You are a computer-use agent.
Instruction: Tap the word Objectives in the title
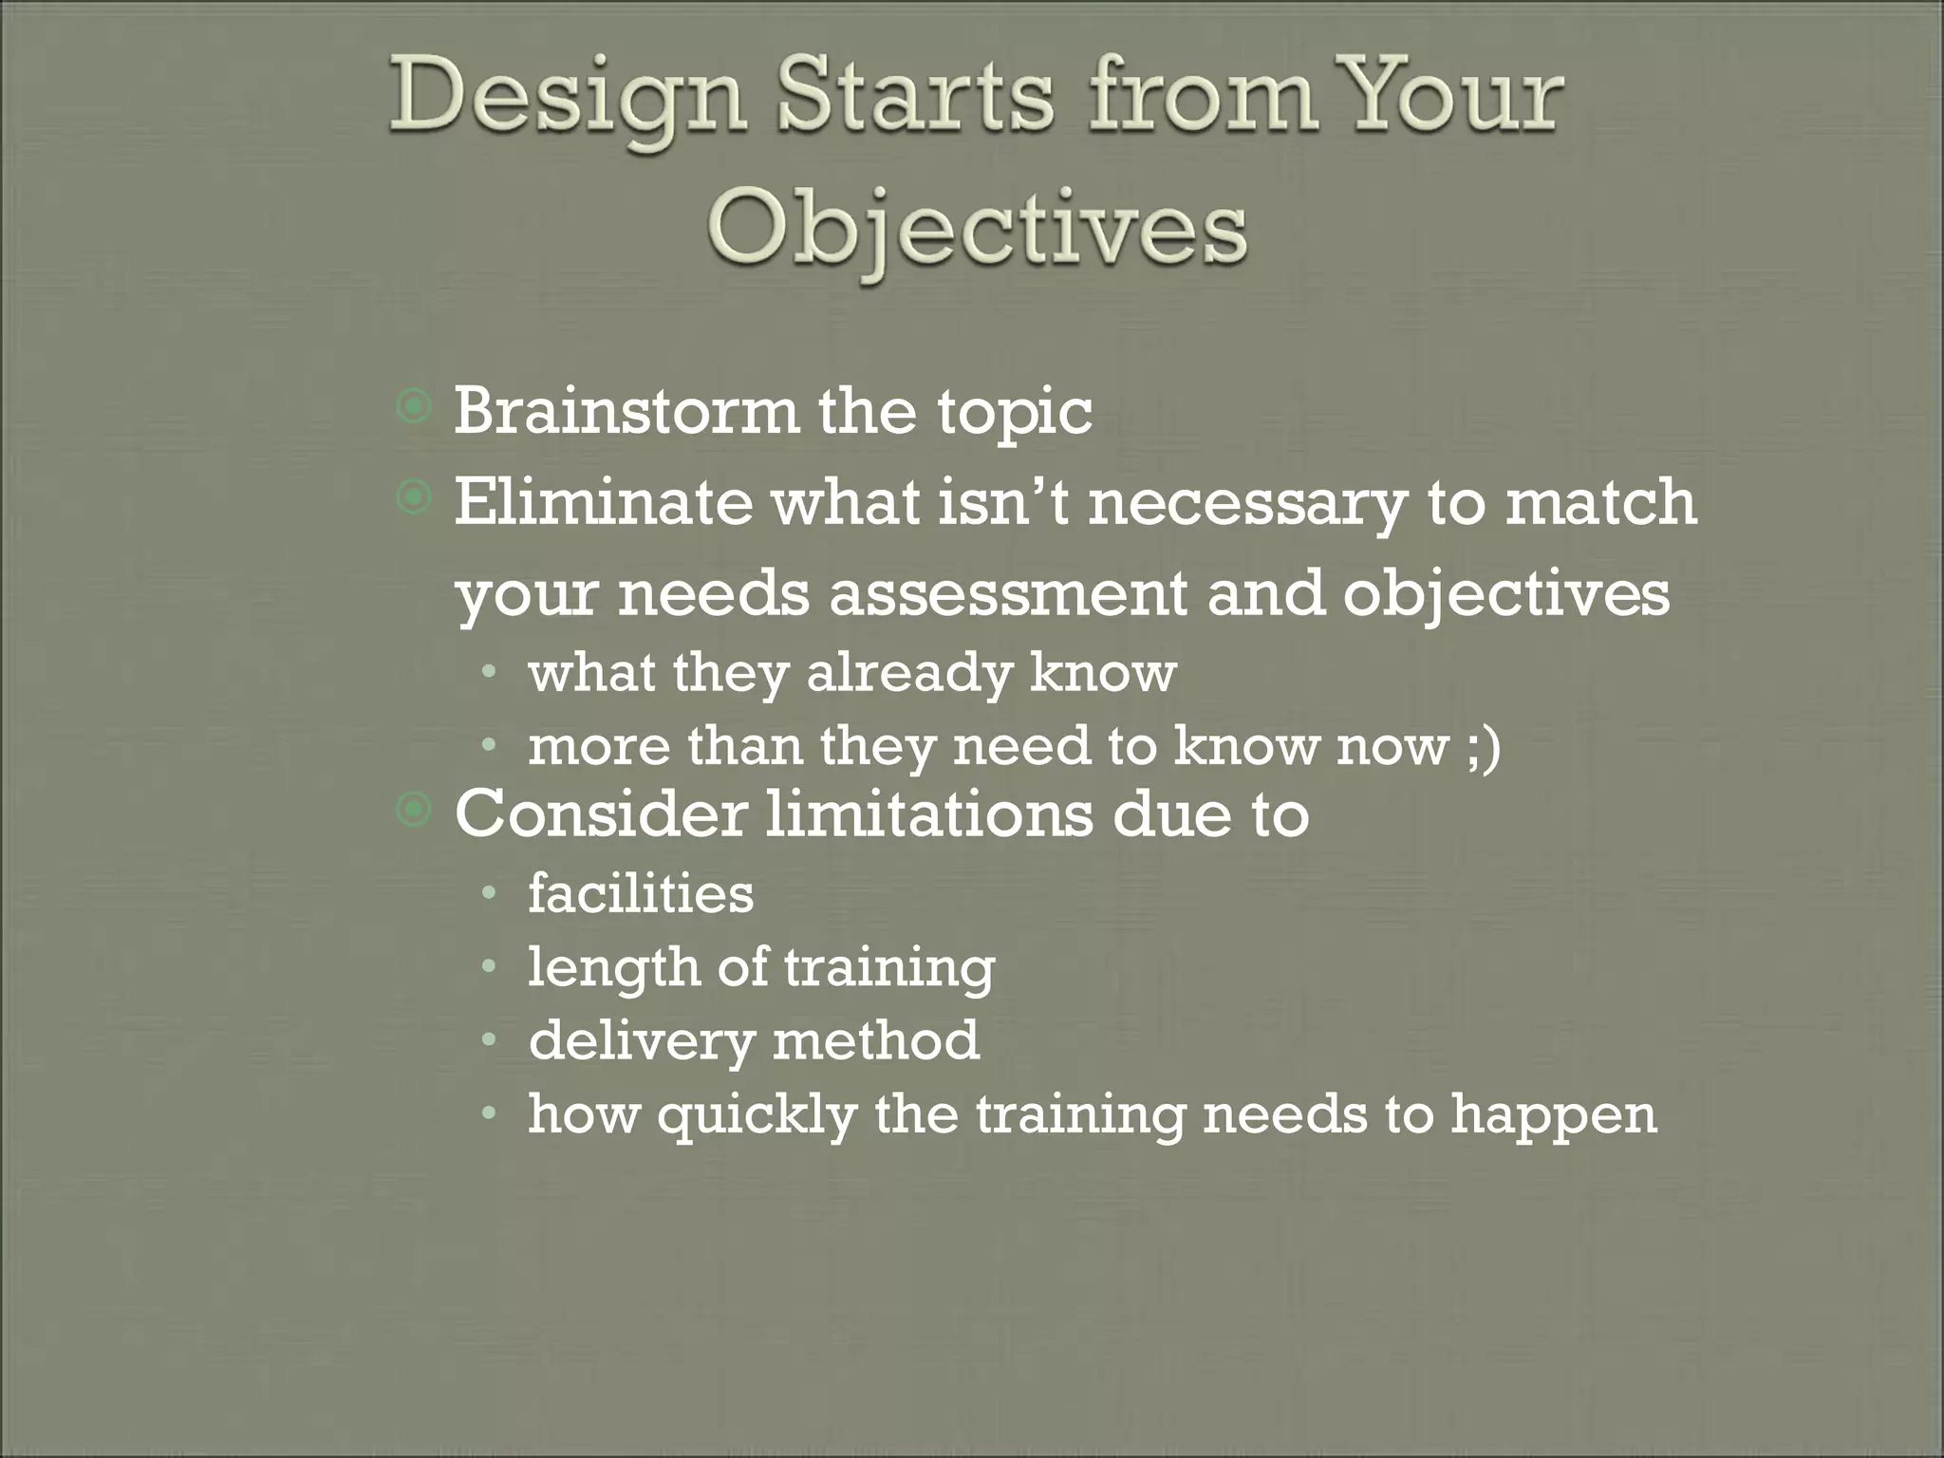click(x=976, y=231)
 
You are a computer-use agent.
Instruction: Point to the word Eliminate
click(x=603, y=501)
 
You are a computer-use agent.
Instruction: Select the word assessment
click(x=1007, y=594)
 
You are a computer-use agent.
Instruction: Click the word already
click(x=909, y=674)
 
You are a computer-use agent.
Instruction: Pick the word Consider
click(x=601, y=813)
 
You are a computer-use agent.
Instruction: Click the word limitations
click(x=929, y=813)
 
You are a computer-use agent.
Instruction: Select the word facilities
click(x=641, y=894)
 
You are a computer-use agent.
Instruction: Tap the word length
click(x=613, y=968)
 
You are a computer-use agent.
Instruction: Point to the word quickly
click(x=757, y=1115)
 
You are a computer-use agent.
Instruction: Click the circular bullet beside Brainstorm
click(x=415, y=409)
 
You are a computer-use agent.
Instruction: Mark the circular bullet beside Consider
click(x=415, y=810)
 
